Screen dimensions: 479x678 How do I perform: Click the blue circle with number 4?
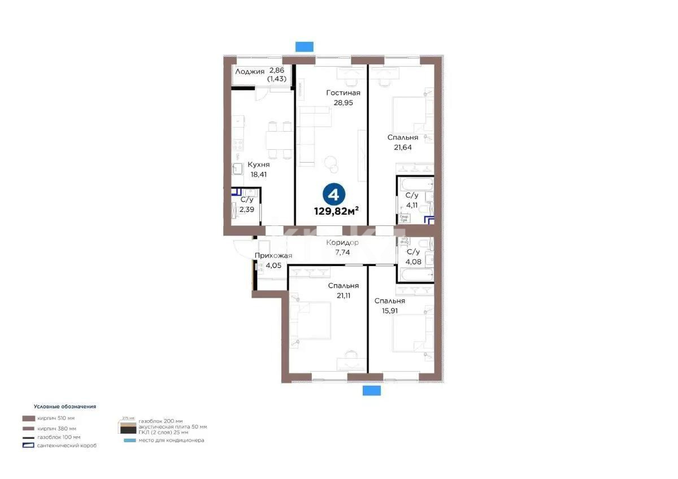pyautogui.click(x=333, y=195)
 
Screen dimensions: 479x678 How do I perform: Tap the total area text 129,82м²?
pyautogui.click(x=337, y=212)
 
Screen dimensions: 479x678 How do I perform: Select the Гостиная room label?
pyautogui.click(x=343, y=93)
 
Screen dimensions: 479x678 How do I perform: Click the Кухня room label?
pyautogui.click(x=258, y=164)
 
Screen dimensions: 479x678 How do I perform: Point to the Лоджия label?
pyautogui.click(x=250, y=71)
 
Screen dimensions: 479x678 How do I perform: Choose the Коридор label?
pyautogui.click(x=342, y=243)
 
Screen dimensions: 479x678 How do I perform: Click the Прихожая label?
pyautogui.click(x=273, y=256)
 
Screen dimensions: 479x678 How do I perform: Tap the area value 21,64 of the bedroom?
pyautogui.click(x=402, y=147)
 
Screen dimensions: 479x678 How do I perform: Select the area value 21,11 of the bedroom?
pyautogui.click(x=343, y=295)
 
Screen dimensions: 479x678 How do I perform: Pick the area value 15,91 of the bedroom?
pyautogui.click(x=389, y=311)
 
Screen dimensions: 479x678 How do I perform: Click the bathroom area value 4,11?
pyautogui.click(x=412, y=205)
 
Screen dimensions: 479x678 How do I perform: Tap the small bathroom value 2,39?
pyautogui.click(x=247, y=209)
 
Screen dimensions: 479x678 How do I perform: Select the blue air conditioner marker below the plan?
pyautogui.click(x=371, y=391)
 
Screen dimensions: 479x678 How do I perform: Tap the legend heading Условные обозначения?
pyautogui.click(x=65, y=406)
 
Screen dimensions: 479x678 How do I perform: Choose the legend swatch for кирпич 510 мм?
pyautogui.click(x=28, y=419)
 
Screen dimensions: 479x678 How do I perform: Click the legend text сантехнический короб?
pyautogui.click(x=67, y=446)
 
